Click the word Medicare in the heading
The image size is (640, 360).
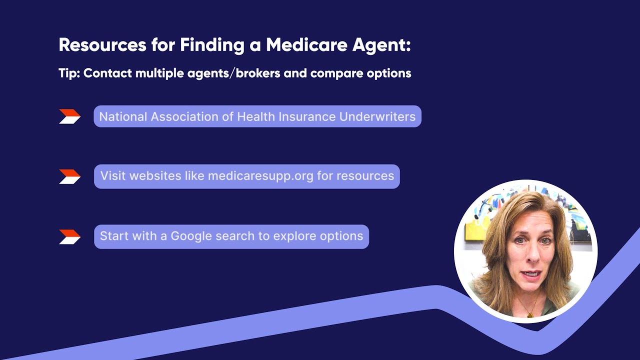point(306,45)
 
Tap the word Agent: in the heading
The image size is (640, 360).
point(381,45)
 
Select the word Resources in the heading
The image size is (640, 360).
point(100,45)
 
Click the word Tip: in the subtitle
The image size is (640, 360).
point(69,73)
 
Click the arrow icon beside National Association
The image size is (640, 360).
point(69,116)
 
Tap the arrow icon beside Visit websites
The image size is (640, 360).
point(69,176)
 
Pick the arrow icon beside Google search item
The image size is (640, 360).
point(69,237)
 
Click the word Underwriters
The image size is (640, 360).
point(377,116)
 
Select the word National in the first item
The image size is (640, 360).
point(123,116)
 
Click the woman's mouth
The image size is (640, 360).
point(531,274)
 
